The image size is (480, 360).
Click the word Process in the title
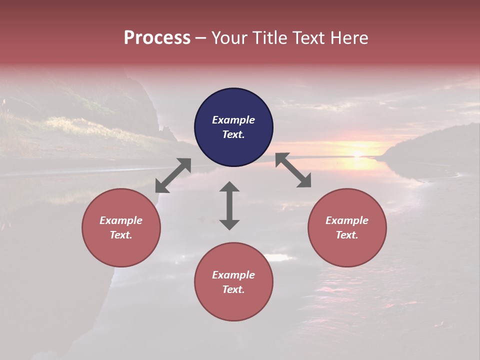coord(157,38)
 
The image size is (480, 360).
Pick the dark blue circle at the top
coord(233,127)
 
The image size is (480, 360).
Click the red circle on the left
coord(121,227)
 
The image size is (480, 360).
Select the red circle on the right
coord(347,227)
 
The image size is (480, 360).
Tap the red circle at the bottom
coord(233,282)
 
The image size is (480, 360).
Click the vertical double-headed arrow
coord(229,205)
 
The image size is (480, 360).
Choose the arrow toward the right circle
coord(293,170)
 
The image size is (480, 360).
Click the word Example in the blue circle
coord(233,120)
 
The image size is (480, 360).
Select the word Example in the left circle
coord(121,220)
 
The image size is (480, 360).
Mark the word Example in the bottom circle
coord(233,275)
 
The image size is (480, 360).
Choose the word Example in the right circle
coord(347,220)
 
